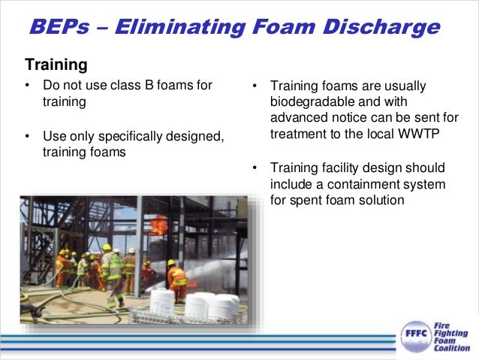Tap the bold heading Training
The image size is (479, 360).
[56, 65]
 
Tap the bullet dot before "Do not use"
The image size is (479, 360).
[28, 86]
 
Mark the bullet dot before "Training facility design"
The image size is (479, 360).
[255, 168]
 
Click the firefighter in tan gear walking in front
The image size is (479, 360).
[113, 275]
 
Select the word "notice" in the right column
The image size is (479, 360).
[341, 118]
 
